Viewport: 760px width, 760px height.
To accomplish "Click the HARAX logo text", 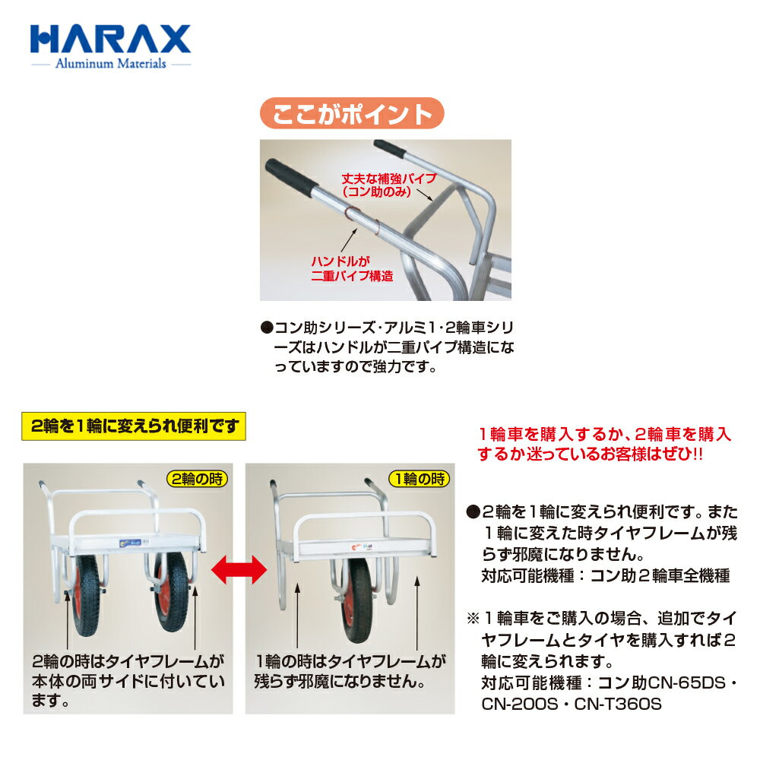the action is [110, 39].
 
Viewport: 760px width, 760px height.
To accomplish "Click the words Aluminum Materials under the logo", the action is [110, 64].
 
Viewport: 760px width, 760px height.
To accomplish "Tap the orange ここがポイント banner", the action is [352, 113].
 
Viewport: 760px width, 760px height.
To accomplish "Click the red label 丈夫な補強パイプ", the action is [388, 179].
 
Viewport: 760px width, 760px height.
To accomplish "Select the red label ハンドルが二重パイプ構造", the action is [352, 269].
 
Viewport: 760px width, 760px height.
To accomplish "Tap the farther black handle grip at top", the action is [390, 149].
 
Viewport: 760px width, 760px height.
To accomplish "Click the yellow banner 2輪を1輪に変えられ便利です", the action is [134, 426].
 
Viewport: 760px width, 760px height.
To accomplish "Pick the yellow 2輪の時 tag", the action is [197, 479].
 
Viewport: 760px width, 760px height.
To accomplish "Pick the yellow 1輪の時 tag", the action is [420, 479].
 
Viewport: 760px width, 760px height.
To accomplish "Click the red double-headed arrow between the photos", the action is [239, 569].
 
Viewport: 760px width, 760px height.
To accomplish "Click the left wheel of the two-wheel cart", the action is [87, 595].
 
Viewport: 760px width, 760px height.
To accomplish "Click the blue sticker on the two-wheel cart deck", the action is [131, 543].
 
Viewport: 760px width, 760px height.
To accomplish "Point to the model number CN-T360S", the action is [617, 704].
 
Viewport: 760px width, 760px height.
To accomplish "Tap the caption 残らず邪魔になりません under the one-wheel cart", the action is [340, 681].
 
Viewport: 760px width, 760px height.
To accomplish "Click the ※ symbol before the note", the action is [473, 619].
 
